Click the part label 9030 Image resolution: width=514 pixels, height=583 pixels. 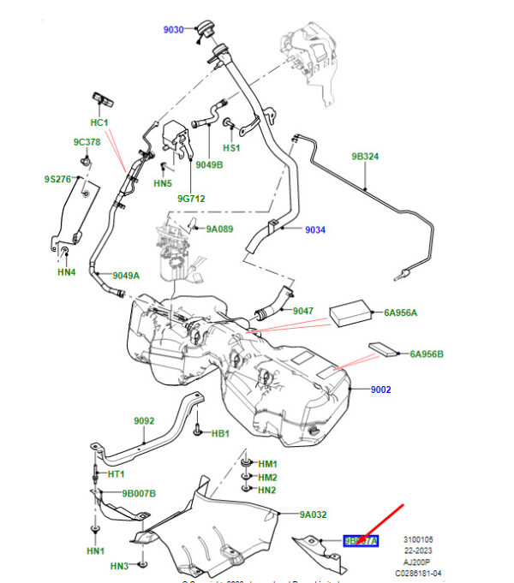(x=174, y=30)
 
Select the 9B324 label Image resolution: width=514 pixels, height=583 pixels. (x=365, y=157)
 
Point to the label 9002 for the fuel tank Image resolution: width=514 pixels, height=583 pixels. (x=381, y=390)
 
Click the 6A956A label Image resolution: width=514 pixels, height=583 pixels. (x=401, y=312)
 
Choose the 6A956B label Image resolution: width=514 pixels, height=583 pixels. (x=427, y=354)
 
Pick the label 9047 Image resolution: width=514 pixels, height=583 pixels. (x=303, y=311)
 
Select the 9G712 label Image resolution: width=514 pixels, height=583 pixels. (x=191, y=199)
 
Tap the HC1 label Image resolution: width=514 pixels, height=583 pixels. (x=99, y=122)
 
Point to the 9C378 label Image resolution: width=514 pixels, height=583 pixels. (x=87, y=142)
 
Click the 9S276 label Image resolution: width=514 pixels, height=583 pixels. (x=58, y=179)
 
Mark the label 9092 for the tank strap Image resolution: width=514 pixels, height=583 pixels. (x=144, y=421)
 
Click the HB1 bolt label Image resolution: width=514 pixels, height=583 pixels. (x=220, y=434)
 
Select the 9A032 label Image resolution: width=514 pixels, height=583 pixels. (x=314, y=515)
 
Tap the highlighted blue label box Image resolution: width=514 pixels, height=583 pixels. (x=360, y=541)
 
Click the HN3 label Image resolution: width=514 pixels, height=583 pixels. (x=119, y=566)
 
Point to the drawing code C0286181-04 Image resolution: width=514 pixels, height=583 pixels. (x=418, y=573)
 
